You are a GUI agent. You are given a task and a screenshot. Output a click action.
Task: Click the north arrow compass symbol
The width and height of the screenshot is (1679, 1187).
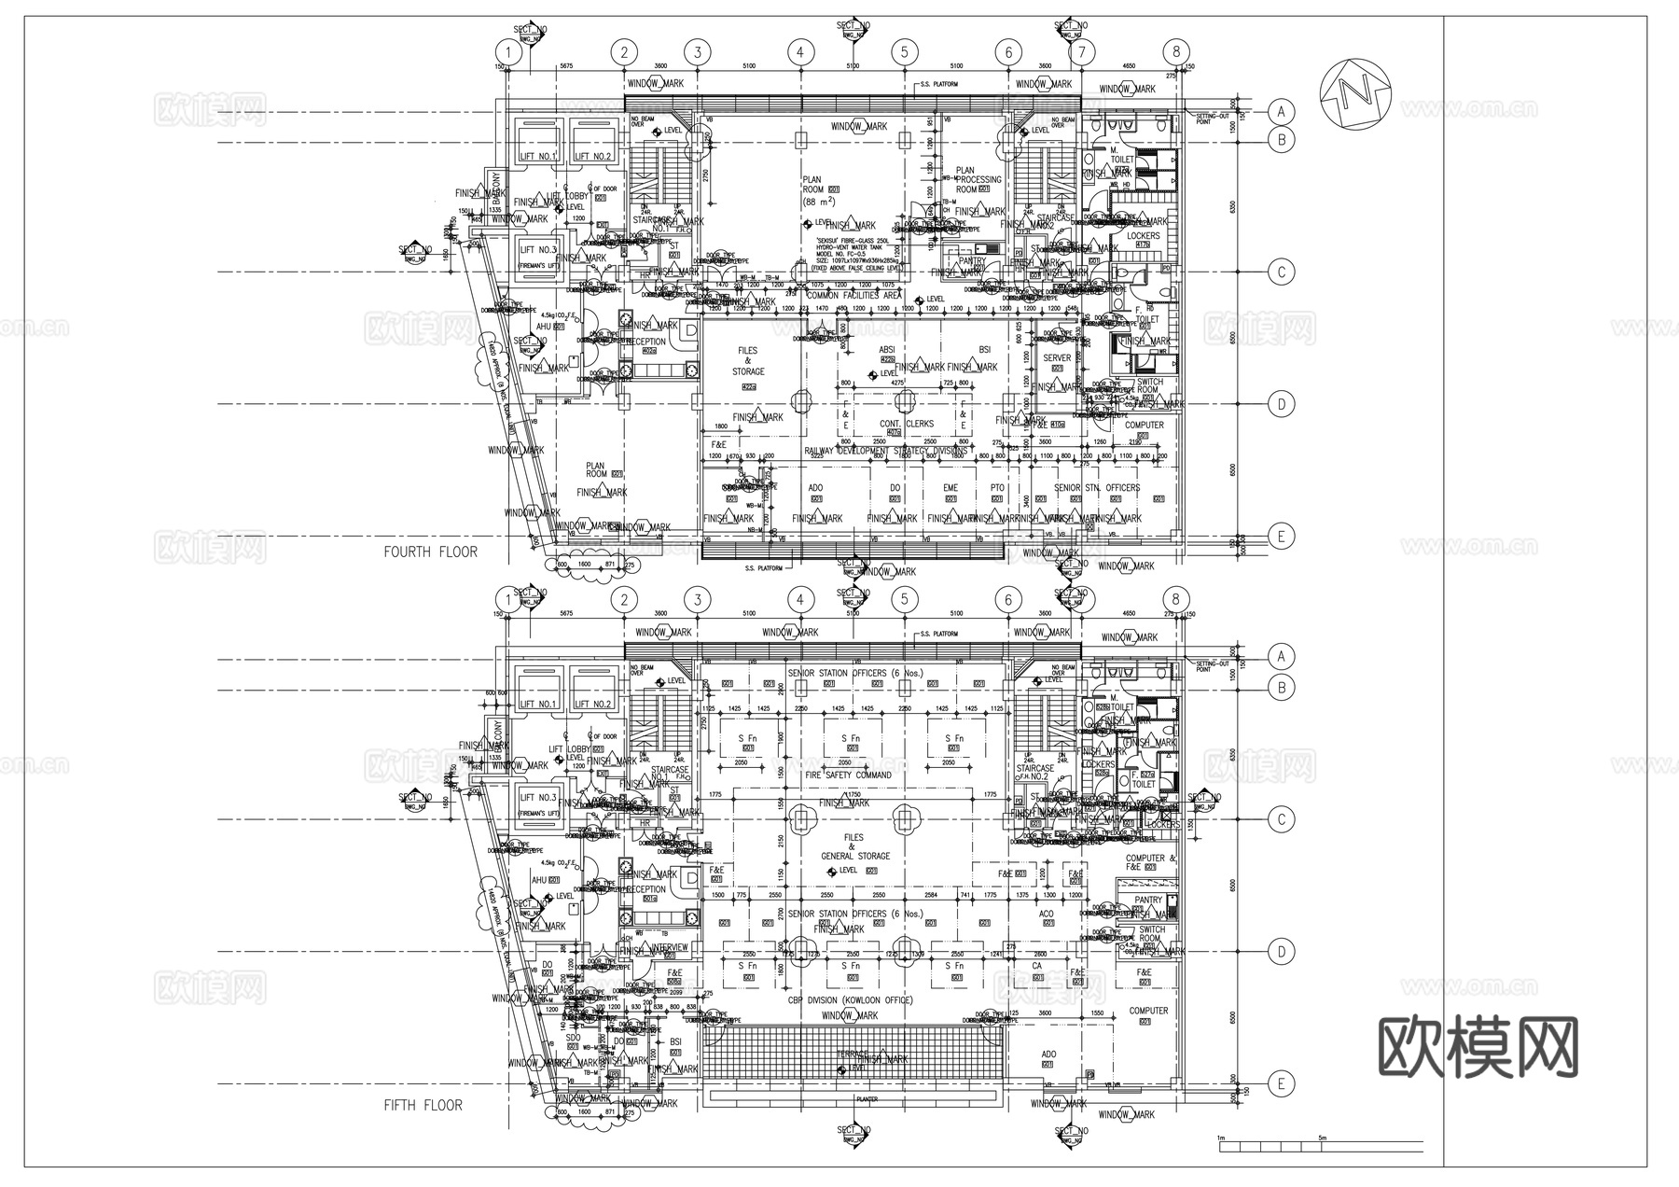click(1356, 93)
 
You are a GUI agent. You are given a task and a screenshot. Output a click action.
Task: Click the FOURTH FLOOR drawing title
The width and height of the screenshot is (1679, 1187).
click(430, 552)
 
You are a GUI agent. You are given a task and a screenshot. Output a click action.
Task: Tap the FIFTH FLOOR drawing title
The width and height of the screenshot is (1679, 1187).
click(423, 1105)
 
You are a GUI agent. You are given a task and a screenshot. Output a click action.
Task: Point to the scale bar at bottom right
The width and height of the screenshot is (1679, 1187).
click(1320, 1144)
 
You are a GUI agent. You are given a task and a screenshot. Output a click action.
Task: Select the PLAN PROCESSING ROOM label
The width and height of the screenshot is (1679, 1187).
click(978, 179)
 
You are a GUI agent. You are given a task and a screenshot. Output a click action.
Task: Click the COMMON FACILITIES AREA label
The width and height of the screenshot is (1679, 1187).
click(853, 295)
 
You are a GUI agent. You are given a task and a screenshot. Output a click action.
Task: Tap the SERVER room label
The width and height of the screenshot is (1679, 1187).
click(1057, 357)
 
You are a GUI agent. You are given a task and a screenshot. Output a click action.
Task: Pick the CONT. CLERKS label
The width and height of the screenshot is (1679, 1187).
click(906, 424)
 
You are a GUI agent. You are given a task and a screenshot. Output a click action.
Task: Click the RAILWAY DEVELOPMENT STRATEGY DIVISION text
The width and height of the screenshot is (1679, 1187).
click(885, 451)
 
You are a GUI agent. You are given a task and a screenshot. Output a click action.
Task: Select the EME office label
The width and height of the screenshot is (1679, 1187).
click(950, 488)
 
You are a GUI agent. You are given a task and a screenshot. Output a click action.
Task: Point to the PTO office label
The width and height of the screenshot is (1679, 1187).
click(997, 488)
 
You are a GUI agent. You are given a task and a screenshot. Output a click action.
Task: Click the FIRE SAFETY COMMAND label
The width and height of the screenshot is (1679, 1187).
click(848, 775)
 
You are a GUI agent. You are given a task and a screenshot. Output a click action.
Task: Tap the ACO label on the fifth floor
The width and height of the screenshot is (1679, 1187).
click(1046, 915)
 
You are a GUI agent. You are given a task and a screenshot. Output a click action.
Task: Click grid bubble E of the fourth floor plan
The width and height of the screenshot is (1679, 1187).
click(1282, 536)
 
